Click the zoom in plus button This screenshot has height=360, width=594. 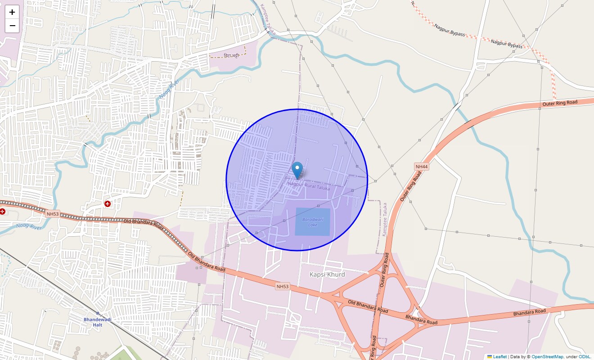click(x=12, y=12)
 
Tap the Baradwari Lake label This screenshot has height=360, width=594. click(x=312, y=222)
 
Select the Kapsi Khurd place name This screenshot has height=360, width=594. click(x=327, y=274)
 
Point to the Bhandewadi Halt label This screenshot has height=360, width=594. click(x=97, y=322)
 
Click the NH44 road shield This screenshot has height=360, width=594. click(x=421, y=166)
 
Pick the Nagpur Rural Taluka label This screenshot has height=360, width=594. click(x=309, y=186)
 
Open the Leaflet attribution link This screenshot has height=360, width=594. click(x=499, y=357)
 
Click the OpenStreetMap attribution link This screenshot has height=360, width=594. click(x=547, y=357)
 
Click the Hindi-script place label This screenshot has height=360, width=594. click(x=231, y=56)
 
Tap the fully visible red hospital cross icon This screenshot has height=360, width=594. click(x=108, y=204)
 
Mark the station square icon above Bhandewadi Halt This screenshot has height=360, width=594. click(x=98, y=313)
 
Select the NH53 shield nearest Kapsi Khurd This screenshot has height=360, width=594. click(x=282, y=286)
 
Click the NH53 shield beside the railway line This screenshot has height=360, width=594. click(x=53, y=214)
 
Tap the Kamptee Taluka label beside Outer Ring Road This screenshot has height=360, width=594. click(x=384, y=220)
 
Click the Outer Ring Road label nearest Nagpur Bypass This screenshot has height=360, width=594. click(x=560, y=103)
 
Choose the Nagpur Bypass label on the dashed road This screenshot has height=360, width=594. click(x=507, y=44)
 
